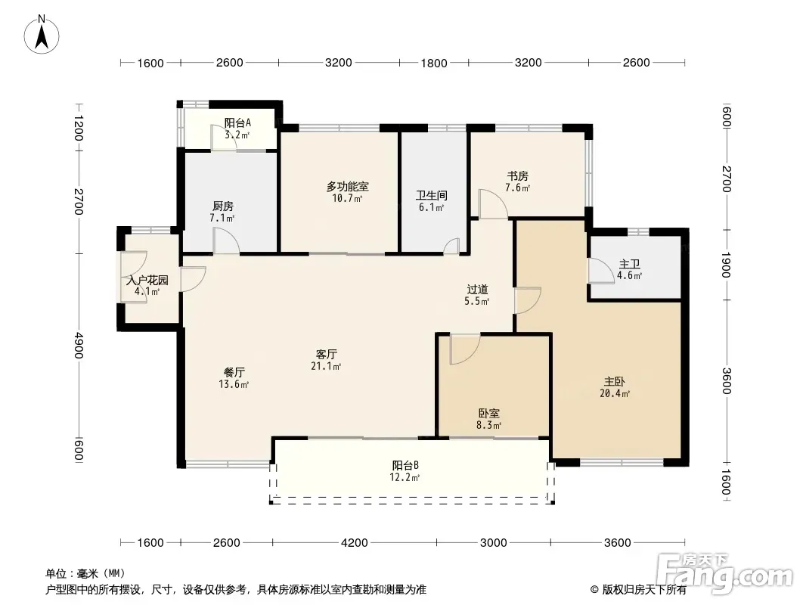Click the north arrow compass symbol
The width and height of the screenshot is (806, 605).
42,35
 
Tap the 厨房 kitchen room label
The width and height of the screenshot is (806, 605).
222,206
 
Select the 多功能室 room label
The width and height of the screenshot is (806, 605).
348,187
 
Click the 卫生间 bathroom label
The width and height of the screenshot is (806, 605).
431,195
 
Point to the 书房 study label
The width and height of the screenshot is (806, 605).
517,176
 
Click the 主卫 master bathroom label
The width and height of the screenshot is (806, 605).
629,264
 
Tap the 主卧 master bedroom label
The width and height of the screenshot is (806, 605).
614,382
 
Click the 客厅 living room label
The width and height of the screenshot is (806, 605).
327,354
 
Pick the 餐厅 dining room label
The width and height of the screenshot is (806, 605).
234,372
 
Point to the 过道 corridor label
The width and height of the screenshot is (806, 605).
477,290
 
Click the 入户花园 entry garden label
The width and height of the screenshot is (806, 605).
147,280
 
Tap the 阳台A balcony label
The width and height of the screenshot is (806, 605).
237,123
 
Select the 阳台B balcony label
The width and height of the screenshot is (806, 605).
405,465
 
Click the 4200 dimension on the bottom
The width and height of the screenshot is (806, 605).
355,542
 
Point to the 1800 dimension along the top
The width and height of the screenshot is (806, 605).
434,64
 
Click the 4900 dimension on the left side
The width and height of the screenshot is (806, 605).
78,345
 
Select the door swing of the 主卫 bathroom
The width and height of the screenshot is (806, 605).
597,270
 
